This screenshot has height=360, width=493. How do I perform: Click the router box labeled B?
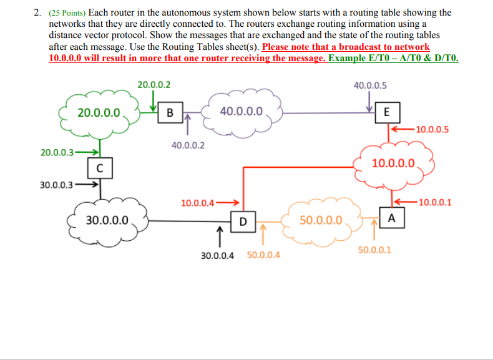click(x=169, y=113)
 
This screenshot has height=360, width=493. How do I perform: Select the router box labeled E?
click(x=388, y=113)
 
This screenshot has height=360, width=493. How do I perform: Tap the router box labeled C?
click(x=100, y=167)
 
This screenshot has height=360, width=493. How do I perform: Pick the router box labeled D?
click(x=243, y=220)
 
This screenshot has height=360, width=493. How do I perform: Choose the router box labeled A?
click(x=391, y=218)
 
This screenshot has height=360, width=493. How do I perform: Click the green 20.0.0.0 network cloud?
click(x=99, y=113)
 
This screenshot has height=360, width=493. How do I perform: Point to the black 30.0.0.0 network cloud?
click(x=107, y=220)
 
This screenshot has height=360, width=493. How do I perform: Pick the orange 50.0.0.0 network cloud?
click(x=321, y=220)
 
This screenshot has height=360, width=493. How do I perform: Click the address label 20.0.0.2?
click(x=154, y=84)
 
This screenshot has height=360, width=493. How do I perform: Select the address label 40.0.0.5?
click(x=370, y=85)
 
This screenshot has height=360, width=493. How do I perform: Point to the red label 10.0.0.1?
click(x=436, y=202)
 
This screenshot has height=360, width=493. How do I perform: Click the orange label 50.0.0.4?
click(x=263, y=255)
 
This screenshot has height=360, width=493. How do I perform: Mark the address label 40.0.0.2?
click(x=188, y=145)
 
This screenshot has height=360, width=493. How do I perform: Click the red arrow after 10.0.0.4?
click(x=228, y=202)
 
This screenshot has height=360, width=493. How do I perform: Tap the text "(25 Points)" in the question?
click(x=67, y=12)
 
